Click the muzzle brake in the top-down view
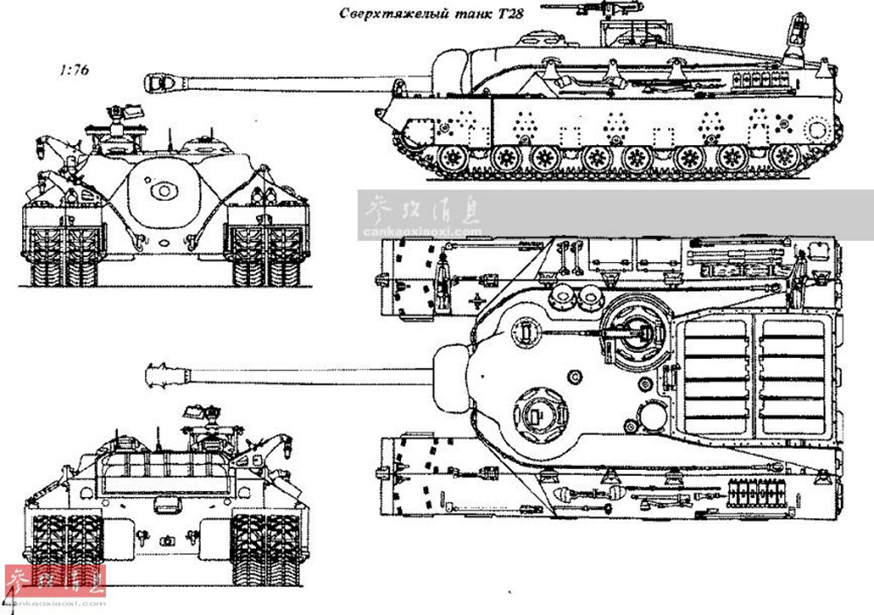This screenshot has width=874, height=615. tap(162, 374)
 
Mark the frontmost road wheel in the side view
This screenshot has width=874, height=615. tap(453, 158)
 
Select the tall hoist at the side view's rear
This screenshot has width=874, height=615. tap(797, 35)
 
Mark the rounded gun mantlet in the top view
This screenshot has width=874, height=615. tap(453, 375)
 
